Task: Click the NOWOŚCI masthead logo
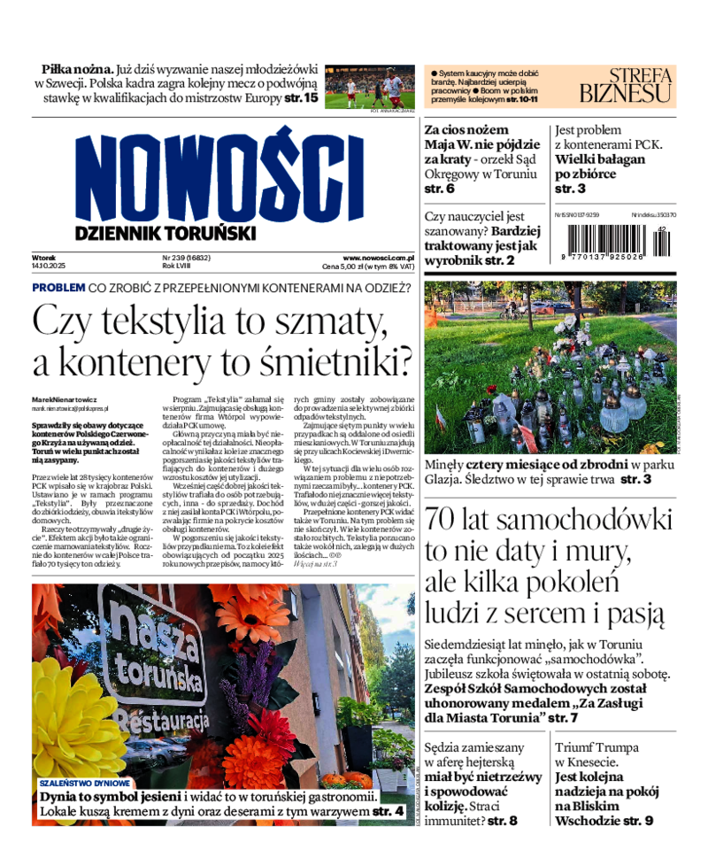[219, 175]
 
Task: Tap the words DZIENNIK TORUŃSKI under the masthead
[165, 233]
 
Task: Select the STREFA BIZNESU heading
[626, 84]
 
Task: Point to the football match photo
[369, 87]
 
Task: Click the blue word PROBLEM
[58, 288]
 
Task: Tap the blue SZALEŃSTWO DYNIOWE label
[85, 783]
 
